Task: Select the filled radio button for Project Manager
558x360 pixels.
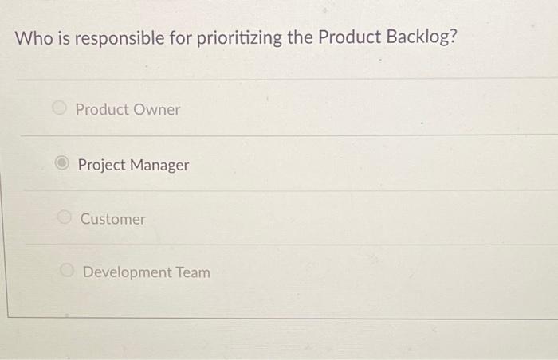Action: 63,165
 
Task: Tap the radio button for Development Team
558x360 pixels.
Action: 69,272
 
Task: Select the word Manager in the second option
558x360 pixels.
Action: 160,166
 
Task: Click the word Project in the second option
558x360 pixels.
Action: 103,166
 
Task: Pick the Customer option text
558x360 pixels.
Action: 113,219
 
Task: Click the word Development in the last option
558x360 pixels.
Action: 128,272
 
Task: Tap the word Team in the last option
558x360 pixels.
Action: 194,272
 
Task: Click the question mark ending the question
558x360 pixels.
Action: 454,38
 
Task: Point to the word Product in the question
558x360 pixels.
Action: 348,38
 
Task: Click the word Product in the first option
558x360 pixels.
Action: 101,109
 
